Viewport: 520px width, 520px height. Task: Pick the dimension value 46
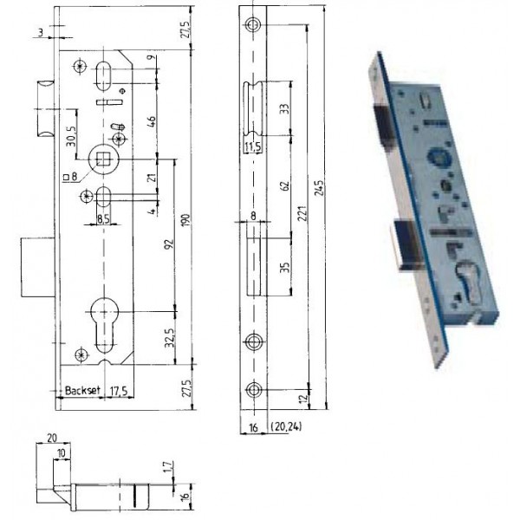point(152,120)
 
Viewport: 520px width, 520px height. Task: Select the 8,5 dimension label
point(101,219)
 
